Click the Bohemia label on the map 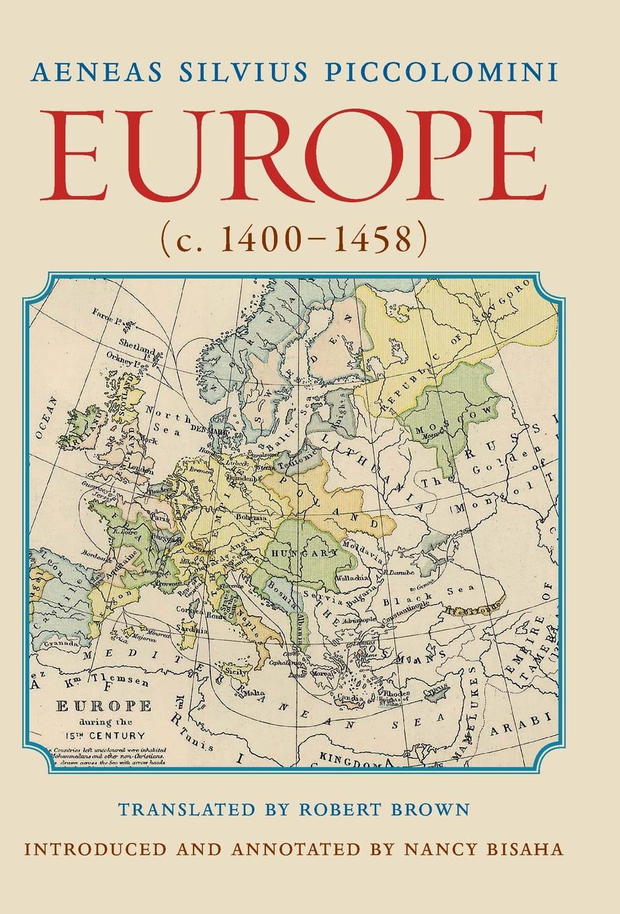(x=251, y=517)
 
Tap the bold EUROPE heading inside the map (x=103, y=706)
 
